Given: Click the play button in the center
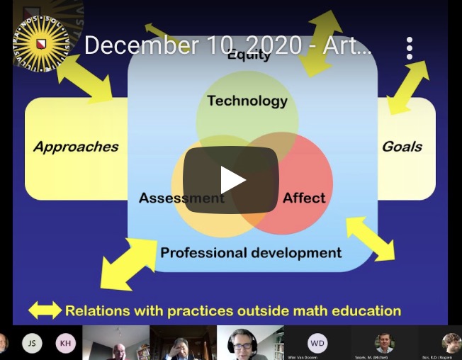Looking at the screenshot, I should tap(231, 180).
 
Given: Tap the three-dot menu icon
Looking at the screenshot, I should tap(409, 47).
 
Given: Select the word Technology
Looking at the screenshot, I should tap(247, 101).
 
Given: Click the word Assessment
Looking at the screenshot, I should tap(181, 198).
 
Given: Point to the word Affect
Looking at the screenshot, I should tap(304, 198).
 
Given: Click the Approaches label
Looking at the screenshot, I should tap(76, 147).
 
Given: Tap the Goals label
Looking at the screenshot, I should tap(402, 147).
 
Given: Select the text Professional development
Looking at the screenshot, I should tap(251, 252).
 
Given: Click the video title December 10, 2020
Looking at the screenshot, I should tap(227, 46).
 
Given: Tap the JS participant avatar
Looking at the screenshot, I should tap(32, 344).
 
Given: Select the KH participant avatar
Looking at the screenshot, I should tap(66, 344).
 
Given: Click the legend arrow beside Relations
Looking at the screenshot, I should tap(45, 310).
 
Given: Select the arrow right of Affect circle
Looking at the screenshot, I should tap(370, 239).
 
